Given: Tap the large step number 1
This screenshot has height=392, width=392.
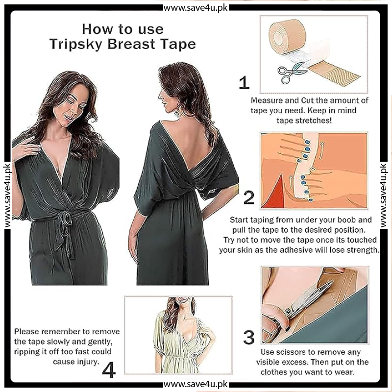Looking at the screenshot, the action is point(244,82).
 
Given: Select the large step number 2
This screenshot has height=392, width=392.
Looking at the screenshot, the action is point(249,197).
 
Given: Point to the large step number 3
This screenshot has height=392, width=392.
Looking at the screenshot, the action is point(249,337).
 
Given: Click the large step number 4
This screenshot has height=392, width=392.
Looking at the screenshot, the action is point(109,370).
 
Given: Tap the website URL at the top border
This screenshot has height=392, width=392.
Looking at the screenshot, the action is point(196,8).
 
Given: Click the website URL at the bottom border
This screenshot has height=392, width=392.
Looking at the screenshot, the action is point(196,384).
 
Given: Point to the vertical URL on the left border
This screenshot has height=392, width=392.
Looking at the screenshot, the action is point(7,196).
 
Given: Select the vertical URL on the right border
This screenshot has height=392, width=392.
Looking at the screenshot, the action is point(384,196).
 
